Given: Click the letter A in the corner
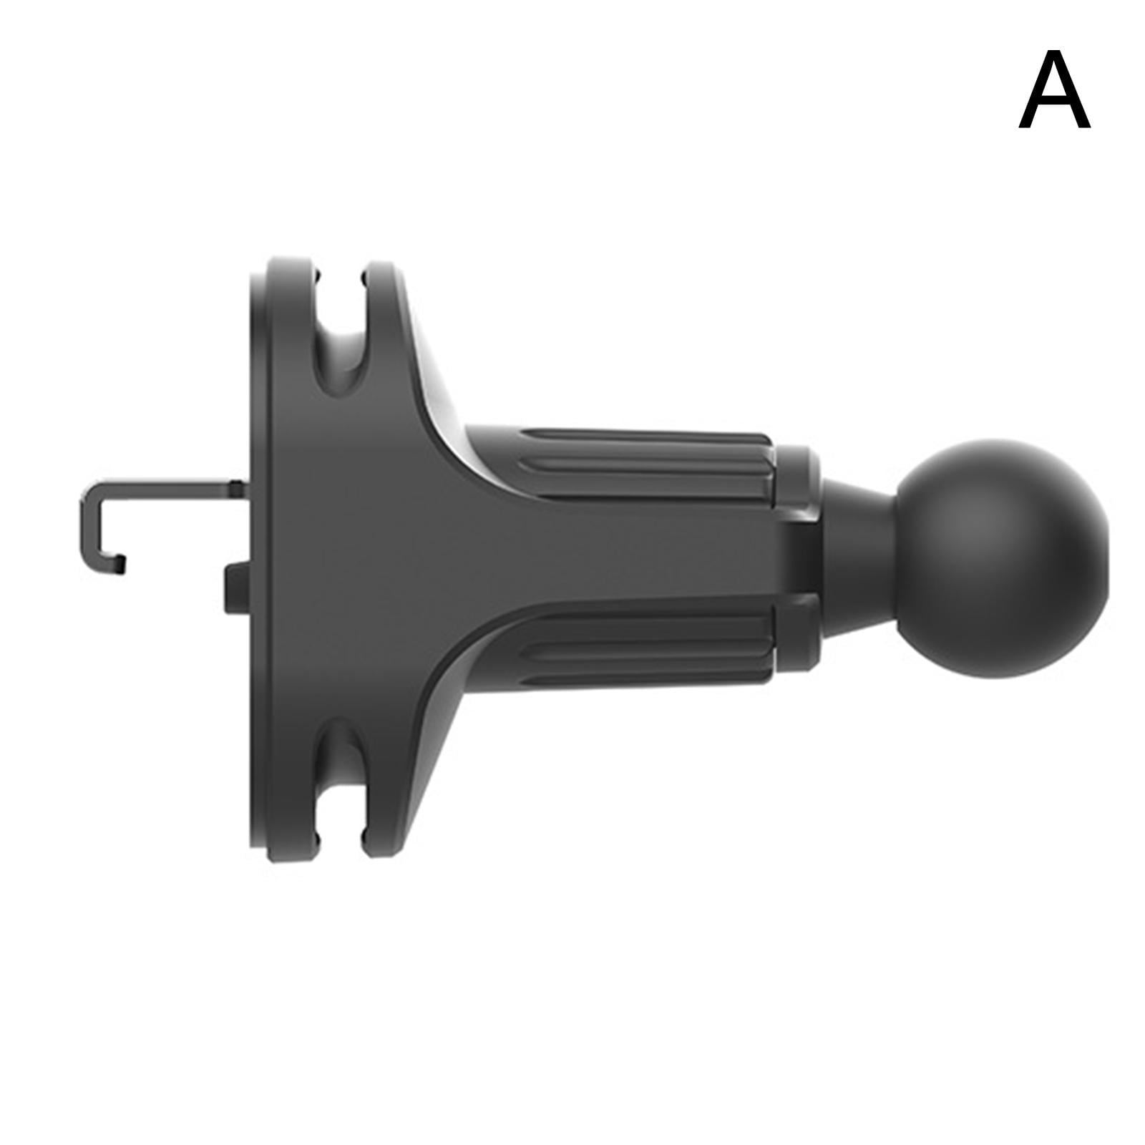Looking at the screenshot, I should point(1054,90).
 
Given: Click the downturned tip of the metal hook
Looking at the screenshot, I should point(120,564).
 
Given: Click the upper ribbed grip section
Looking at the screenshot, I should point(644,462).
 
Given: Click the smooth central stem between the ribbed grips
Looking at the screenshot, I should point(608,551).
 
